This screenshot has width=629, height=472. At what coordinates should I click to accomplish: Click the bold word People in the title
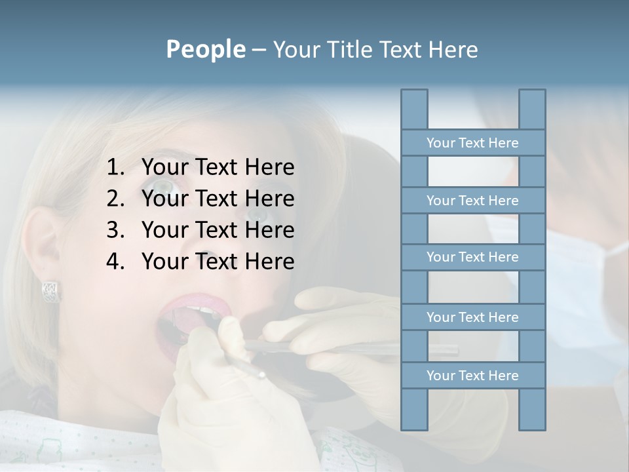tap(205, 49)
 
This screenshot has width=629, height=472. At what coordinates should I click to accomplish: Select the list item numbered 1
tap(200, 168)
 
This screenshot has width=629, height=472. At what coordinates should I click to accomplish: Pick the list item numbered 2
tap(200, 199)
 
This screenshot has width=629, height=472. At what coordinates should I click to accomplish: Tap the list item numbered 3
tap(200, 230)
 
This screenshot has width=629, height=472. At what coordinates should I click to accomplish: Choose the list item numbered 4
tap(200, 262)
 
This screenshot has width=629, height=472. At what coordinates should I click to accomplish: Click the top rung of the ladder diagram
tap(472, 143)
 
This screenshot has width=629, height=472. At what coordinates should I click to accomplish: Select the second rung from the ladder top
tap(472, 201)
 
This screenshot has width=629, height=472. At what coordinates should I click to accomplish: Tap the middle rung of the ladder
tap(472, 257)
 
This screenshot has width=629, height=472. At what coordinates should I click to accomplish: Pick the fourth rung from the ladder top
tap(472, 317)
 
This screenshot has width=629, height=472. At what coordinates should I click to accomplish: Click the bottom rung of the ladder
tap(472, 376)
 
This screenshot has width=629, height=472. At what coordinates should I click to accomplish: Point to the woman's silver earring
tap(51, 291)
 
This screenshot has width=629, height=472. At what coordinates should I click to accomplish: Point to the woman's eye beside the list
tap(164, 187)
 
